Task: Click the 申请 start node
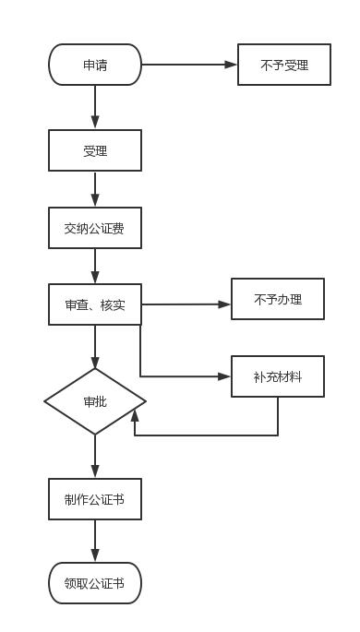pos(95,65)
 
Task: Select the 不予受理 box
pos(283,65)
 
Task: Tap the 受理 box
pos(95,150)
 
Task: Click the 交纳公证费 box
pos(95,228)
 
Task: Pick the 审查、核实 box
pos(95,304)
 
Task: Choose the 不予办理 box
pos(277,299)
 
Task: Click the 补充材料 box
pos(277,376)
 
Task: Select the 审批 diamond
pos(95,401)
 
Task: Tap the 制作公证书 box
pos(95,499)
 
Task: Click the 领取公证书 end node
pos(95,583)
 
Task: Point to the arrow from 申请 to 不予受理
pos(189,65)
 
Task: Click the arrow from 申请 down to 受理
pos(95,107)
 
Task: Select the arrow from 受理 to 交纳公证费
pos(95,189)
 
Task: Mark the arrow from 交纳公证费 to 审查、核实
pos(95,267)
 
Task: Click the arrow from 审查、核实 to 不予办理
pos(185,304)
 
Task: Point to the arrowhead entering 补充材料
pos(224,376)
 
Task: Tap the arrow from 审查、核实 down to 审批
pos(95,347)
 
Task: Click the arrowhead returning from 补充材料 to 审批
pos(135,417)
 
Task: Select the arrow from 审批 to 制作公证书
pos(95,457)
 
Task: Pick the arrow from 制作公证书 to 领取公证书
pos(95,541)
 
